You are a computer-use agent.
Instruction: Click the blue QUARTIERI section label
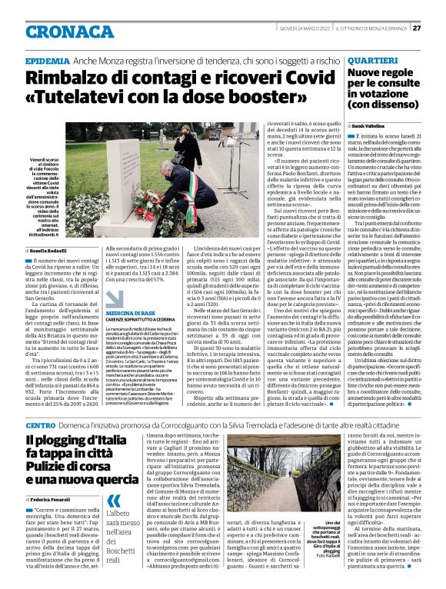[373, 60]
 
